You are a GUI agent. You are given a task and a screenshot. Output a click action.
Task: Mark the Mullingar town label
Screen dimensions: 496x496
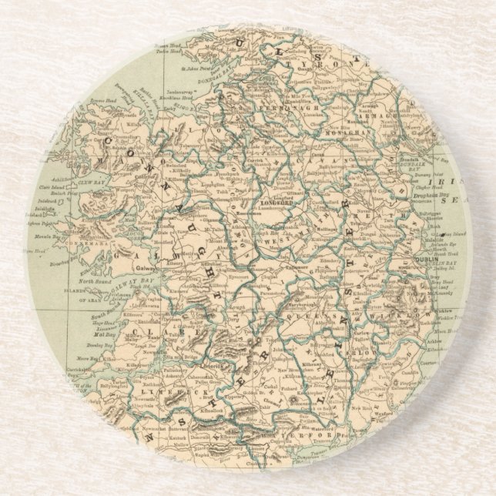pos(307,230)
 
